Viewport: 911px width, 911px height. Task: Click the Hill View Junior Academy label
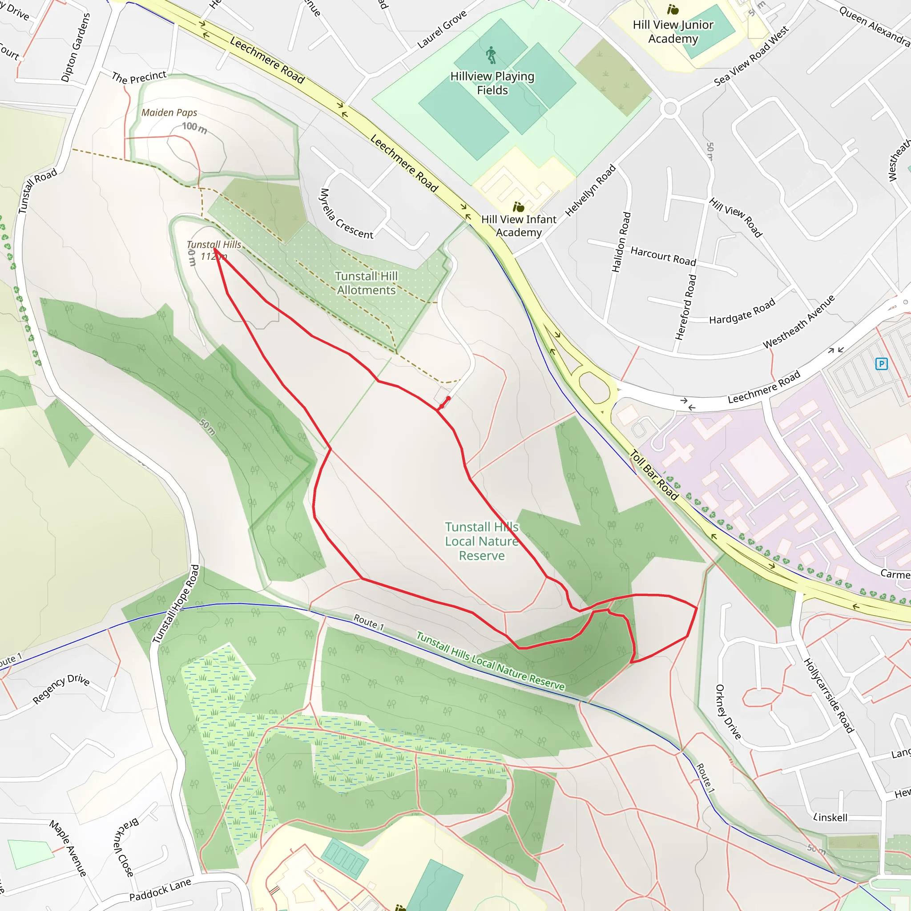point(673,32)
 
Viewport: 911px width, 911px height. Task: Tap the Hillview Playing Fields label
point(492,83)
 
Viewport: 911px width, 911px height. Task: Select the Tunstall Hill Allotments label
point(367,283)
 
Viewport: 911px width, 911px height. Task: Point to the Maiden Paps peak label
point(169,113)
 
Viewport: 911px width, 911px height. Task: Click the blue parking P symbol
point(881,363)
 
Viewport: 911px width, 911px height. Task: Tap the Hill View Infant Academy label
point(519,226)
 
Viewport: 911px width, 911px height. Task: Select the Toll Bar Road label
point(654,475)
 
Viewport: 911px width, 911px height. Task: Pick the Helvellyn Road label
point(590,190)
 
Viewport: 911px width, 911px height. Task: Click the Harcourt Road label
point(663,256)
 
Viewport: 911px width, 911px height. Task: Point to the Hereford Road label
point(685,307)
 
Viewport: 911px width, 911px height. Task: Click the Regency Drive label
point(61,689)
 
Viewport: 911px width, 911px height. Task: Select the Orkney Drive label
point(728,712)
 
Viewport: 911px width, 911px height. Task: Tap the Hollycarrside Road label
point(828,696)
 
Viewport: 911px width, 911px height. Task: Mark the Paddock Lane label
point(160,889)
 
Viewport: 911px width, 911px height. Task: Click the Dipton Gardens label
point(76,47)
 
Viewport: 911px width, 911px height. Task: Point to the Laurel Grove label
point(442,29)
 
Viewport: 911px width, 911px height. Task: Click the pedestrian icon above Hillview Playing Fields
point(492,55)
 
